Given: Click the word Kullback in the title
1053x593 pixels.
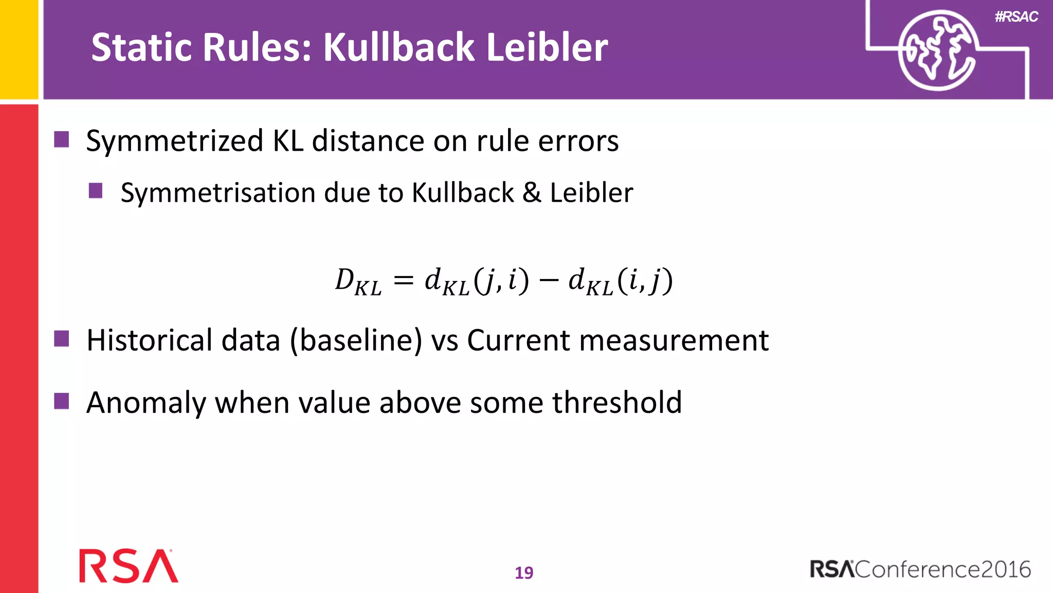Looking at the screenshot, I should (x=398, y=47).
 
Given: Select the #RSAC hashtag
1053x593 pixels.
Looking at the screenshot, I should (x=1016, y=17).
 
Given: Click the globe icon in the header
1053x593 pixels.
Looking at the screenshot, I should (x=937, y=50).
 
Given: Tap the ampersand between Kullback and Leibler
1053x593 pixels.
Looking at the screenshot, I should (x=532, y=193).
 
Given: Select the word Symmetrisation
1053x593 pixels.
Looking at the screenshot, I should (x=218, y=194).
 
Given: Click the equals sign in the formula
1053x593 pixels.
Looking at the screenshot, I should (x=403, y=281).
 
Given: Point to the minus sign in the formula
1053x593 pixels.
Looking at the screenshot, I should (x=549, y=281).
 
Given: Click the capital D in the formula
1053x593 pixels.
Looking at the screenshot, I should (x=344, y=280).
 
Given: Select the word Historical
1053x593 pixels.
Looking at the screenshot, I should (x=149, y=340).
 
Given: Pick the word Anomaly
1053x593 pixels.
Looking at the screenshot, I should (x=146, y=403).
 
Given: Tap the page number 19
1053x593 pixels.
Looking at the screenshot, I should (x=524, y=572).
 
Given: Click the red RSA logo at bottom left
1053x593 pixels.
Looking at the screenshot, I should (x=129, y=566).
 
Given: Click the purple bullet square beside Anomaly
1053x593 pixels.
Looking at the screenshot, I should (x=62, y=401).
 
